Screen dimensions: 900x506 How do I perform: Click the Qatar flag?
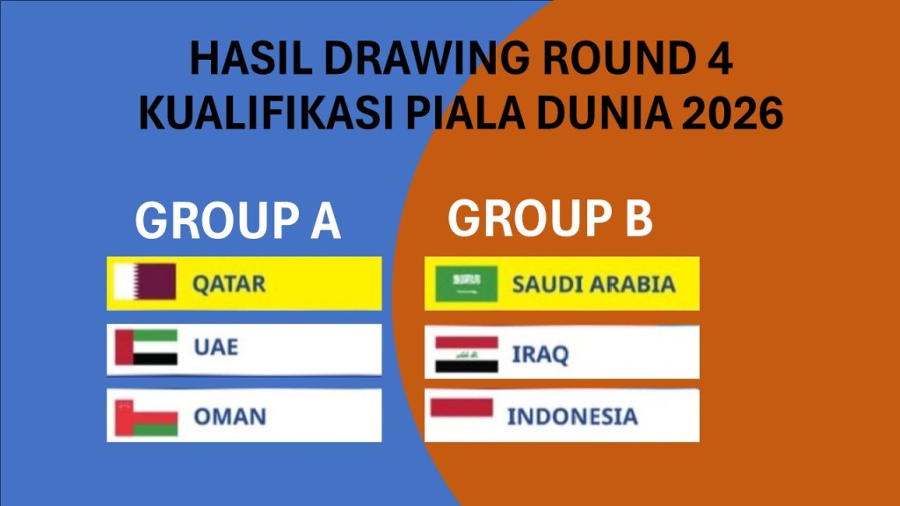(145, 282)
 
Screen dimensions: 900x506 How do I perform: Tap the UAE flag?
(146, 347)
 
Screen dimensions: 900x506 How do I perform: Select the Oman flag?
(146, 417)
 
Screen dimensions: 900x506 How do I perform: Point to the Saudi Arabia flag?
(466, 284)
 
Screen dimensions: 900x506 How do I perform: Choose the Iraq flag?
(466, 355)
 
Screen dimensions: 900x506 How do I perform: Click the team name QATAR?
(229, 284)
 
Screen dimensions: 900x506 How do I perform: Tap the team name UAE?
(216, 347)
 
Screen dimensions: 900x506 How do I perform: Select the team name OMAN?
(229, 416)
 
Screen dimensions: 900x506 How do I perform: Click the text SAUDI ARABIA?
(593, 285)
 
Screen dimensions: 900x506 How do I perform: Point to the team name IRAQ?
(541, 355)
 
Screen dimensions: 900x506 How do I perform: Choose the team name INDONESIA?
(572, 416)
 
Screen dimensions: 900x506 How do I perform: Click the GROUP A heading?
(237, 220)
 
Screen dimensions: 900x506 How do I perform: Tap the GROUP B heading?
(550, 218)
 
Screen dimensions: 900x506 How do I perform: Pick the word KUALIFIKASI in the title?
(267, 112)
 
